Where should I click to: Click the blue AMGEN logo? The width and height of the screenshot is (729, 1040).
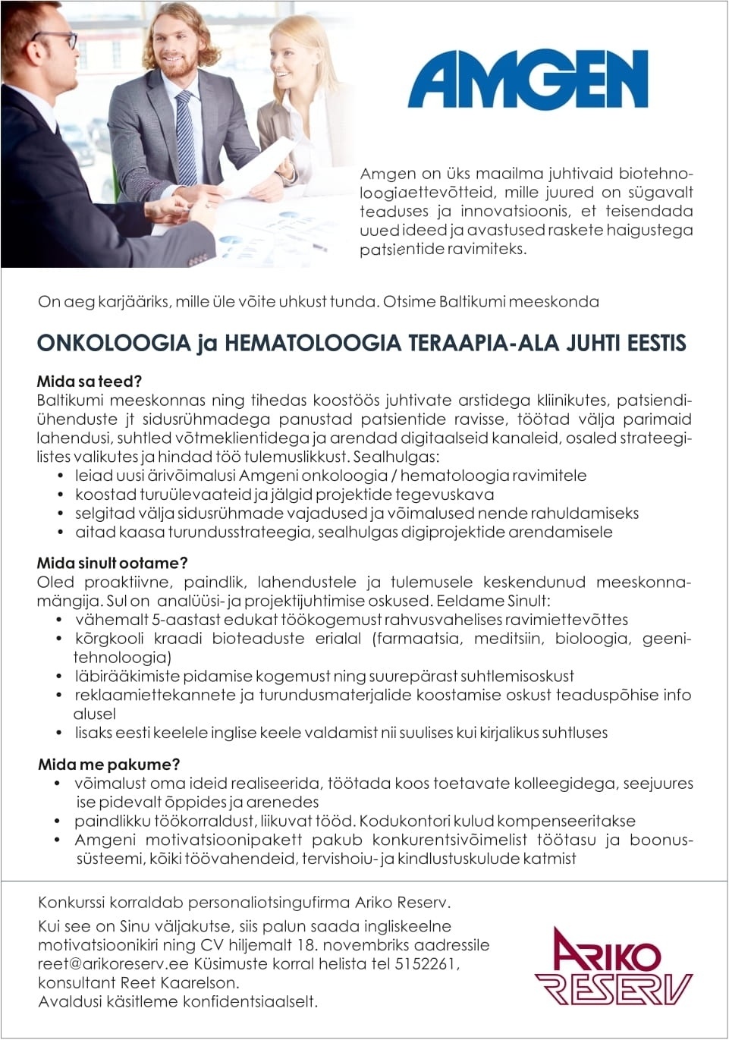(528, 80)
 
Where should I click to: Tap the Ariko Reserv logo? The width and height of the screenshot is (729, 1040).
(613, 966)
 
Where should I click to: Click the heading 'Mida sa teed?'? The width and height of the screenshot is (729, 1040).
(89, 381)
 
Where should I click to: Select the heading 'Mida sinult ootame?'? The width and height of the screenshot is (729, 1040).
(112, 563)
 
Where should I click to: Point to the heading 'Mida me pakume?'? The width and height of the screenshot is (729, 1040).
(108, 764)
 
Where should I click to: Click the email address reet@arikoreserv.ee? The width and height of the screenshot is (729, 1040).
(114, 964)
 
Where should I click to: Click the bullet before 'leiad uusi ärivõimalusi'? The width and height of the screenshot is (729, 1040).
(61, 476)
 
